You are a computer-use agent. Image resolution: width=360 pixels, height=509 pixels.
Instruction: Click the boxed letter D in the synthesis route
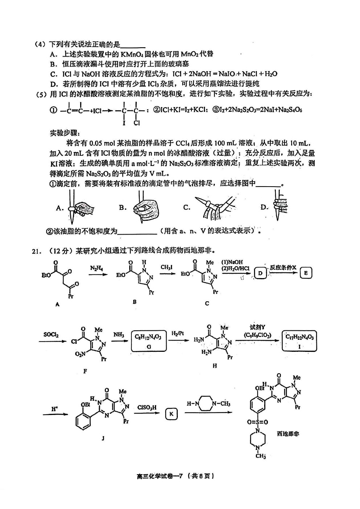[260, 273]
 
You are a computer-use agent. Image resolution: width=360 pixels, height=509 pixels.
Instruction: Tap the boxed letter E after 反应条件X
[306, 273]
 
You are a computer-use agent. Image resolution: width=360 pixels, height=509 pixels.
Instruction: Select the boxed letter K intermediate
[171, 414]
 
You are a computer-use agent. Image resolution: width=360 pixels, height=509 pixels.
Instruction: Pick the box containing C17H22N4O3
[299, 341]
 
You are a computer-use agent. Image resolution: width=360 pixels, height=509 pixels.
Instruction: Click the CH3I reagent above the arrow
[167, 268]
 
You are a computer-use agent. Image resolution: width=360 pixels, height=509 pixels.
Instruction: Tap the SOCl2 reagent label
[51, 335]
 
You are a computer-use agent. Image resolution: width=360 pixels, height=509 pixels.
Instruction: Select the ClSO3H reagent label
[147, 408]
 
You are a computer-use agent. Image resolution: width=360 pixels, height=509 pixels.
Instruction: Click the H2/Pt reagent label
[178, 334]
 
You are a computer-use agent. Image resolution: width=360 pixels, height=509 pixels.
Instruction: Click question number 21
[37, 251]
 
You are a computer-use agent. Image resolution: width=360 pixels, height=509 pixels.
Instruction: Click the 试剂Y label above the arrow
[257, 327]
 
